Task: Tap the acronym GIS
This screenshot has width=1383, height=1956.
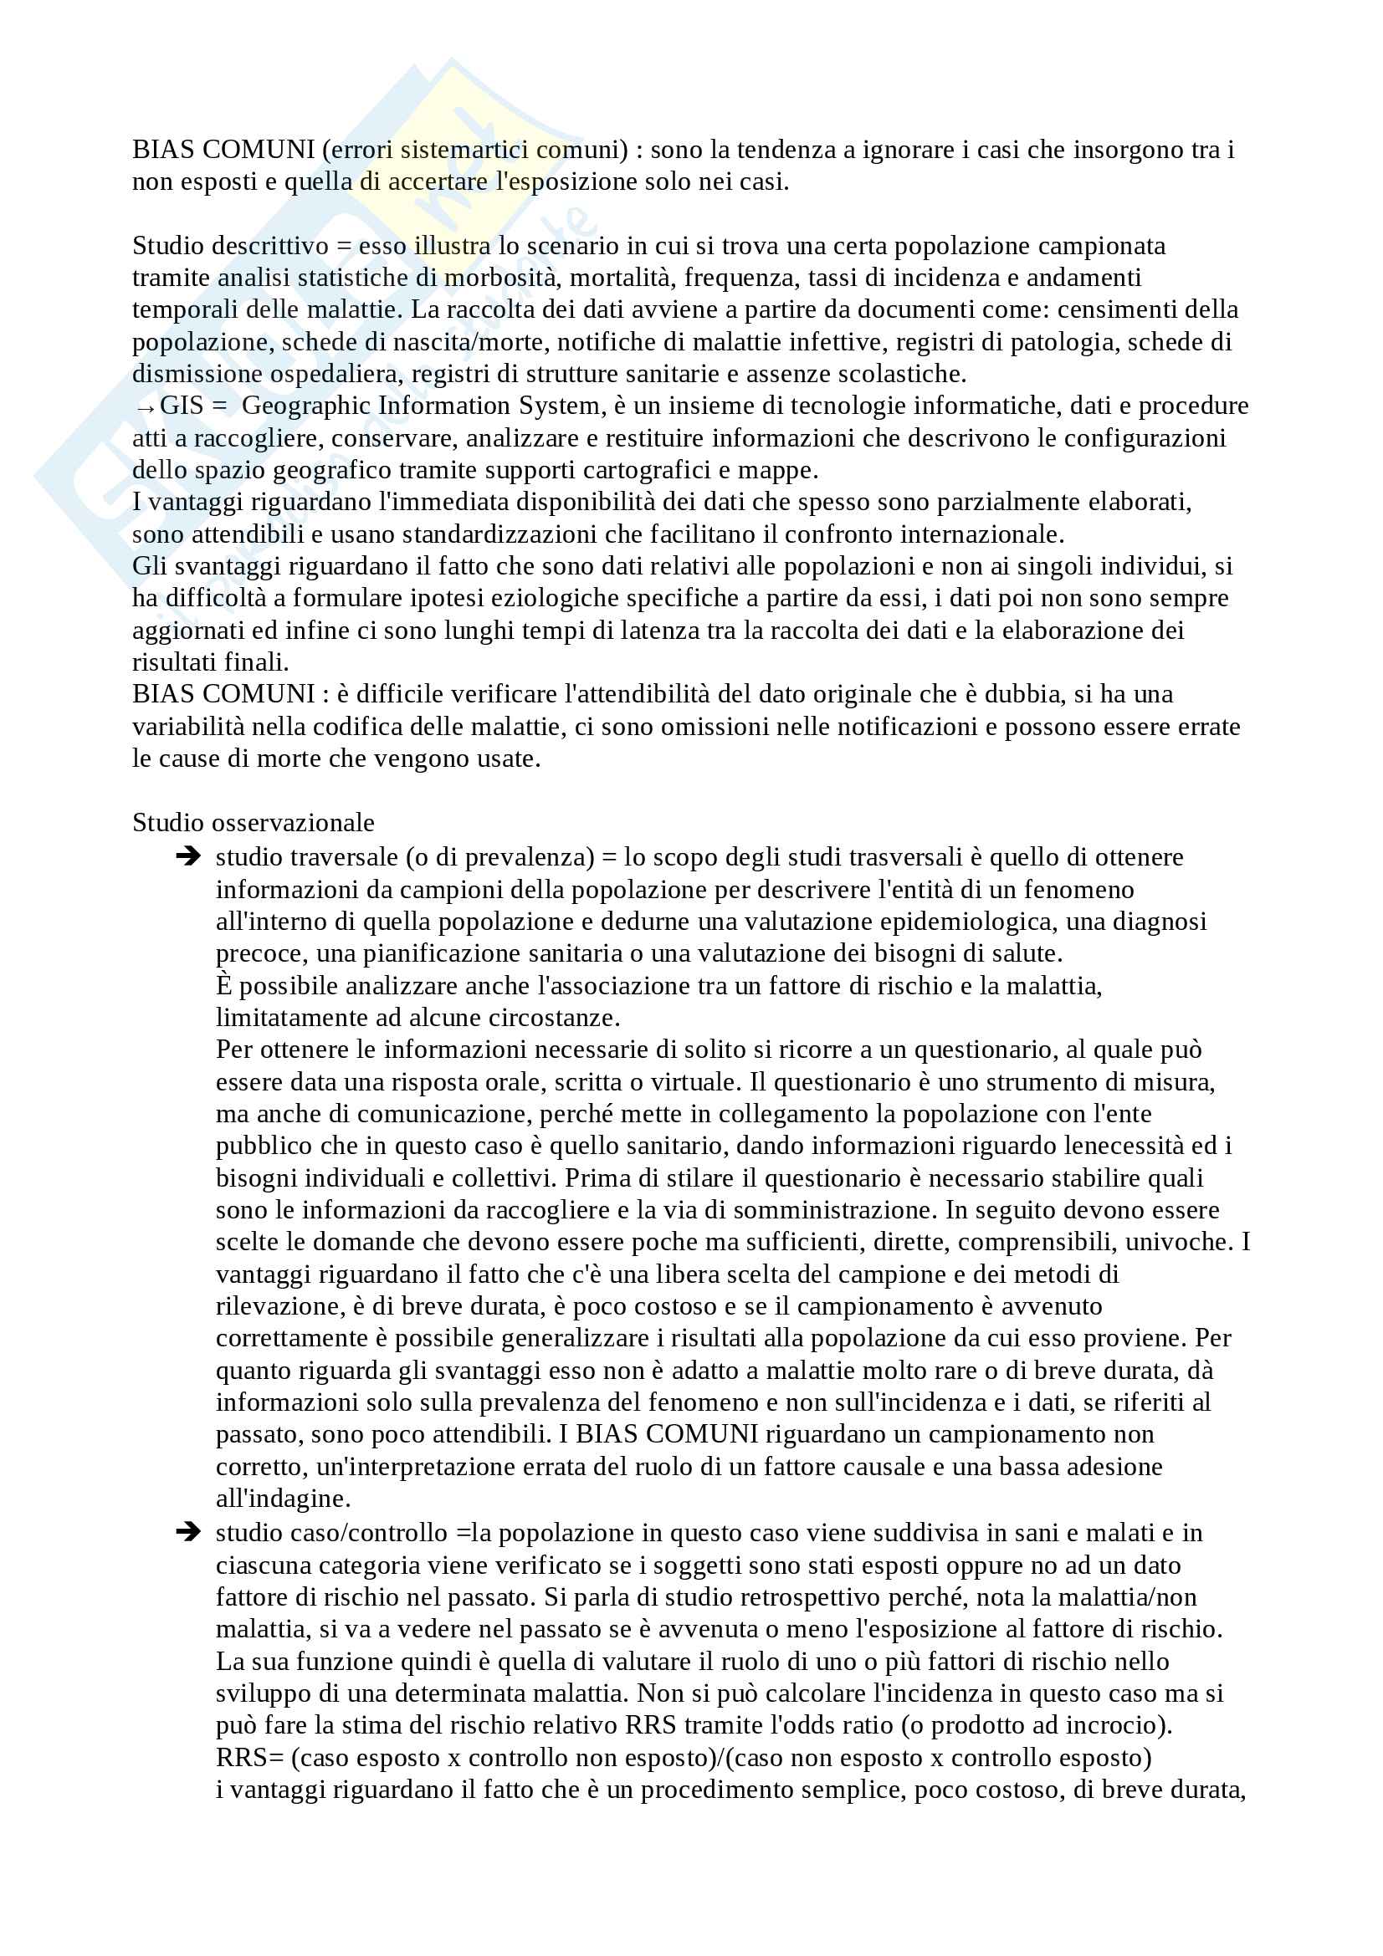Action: tap(182, 406)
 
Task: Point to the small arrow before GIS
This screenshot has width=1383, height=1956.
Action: tap(144, 408)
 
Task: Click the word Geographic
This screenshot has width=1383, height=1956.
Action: tap(306, 406)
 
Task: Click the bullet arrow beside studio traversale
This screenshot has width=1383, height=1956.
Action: tap(187, 856)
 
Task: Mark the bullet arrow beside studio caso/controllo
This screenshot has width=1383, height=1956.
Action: tap(187, 1533)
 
